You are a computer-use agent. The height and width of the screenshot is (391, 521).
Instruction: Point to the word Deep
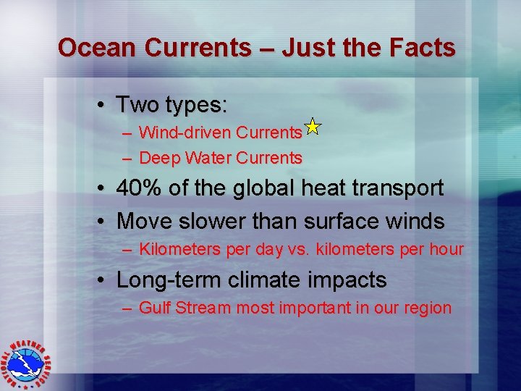159,157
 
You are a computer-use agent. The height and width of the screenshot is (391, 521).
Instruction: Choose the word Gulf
153,308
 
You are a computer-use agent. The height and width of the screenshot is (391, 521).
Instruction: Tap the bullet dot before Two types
105,106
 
